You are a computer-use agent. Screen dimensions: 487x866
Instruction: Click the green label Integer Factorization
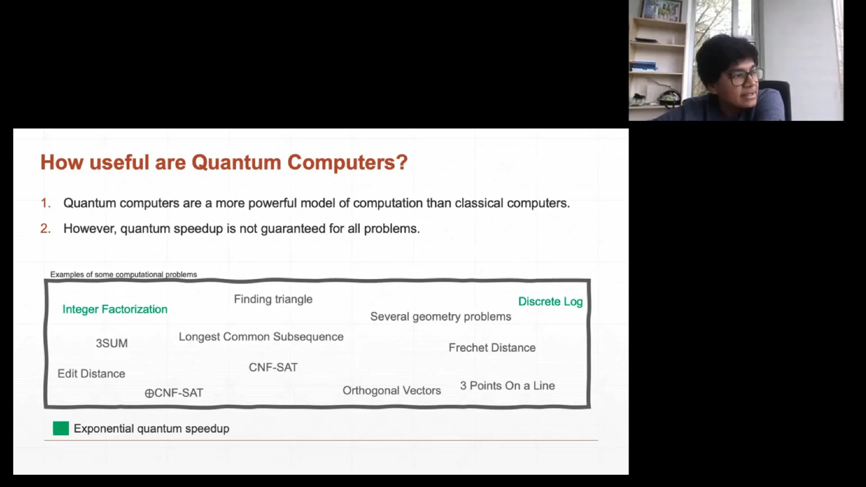(x=115, y=309)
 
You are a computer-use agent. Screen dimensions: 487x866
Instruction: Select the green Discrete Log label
(x=550, y=302)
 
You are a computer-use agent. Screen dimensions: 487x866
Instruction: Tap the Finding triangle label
(x=273, y=299)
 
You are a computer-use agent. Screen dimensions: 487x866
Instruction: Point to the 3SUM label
(x=111, y=343)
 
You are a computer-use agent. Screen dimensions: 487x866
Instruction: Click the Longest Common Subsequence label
(x=261, y=337)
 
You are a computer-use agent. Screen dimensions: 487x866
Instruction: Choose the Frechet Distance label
(x=492, y=348)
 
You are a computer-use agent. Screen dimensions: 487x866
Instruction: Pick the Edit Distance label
(x=91, y=374)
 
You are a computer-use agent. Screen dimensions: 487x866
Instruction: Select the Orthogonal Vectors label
(x=392, y=391)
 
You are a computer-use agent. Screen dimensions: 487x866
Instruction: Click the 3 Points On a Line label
(x=507, y=386)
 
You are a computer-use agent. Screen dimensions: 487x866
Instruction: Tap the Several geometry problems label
(x=440, y=317)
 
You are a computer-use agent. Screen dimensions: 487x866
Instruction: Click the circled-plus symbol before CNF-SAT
(x=149, y=394)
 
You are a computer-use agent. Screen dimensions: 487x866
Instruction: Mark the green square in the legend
(x=61, y=428)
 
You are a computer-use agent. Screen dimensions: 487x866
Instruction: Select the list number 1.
(x=45, y=203)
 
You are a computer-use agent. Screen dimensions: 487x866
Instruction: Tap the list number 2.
(x=45, y=229)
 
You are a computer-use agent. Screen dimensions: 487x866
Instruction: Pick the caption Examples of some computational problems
(x=123, y=275)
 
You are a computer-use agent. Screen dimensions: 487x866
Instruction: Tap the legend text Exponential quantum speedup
(x=151, y=429)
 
